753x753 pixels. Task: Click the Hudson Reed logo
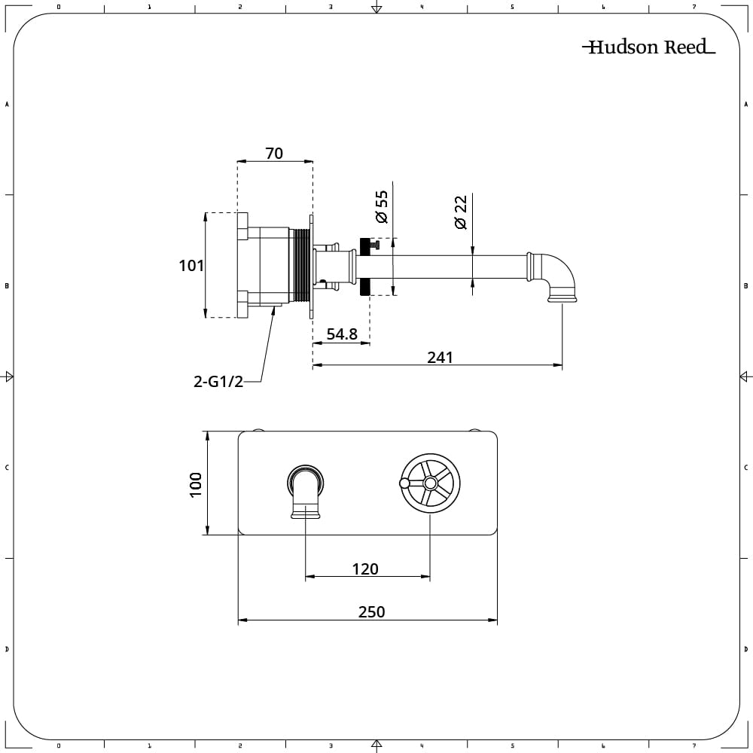[x=648, y=47]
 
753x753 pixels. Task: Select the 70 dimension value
[x=274, y=153]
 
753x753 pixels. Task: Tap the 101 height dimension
[x=191, y=266]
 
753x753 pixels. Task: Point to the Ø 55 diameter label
[x=382, y=207]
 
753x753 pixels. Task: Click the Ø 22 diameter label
[x=461, y=212]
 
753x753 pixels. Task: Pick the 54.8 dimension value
[x=342, y=334]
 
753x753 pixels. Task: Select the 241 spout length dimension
[x=440, y=357]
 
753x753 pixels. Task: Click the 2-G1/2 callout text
[x=218, y=382]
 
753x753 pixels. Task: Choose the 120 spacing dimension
[x=365, y=569]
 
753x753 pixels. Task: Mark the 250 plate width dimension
[x=371, y=612]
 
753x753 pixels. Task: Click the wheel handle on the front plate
[x=429, y=483]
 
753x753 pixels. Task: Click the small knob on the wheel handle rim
[x=404, y=483]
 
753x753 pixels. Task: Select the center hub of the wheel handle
[x=429, y=483]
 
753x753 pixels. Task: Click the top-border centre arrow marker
[x=376, y=8]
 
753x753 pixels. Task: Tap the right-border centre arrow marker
[x=745, y=376]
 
